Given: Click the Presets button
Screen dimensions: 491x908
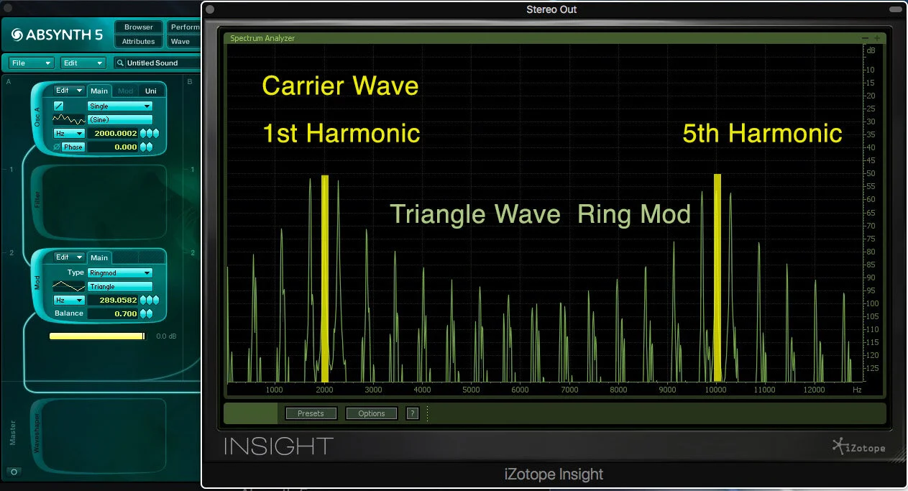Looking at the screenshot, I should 311,413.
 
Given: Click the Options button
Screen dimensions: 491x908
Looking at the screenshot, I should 371,413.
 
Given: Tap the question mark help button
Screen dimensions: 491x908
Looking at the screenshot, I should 412,413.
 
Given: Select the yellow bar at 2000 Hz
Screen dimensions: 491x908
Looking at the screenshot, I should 325,278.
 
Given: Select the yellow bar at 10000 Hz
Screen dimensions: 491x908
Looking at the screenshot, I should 717,277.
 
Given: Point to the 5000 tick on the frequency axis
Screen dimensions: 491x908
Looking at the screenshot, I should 471,390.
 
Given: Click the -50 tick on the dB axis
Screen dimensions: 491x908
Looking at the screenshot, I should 871,174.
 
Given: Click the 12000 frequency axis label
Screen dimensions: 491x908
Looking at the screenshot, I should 813,390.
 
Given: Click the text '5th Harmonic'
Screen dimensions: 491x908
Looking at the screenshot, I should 762,134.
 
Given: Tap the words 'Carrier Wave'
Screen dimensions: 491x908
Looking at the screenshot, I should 340,86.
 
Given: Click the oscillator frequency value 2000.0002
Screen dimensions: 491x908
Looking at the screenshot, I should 116,134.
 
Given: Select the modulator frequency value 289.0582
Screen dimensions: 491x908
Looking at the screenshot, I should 116,300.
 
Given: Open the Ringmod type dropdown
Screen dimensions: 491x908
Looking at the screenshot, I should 119,272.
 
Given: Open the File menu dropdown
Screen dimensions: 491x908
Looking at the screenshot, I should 31,63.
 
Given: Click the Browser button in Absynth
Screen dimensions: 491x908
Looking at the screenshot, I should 139,27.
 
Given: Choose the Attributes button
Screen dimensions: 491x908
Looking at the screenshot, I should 139,42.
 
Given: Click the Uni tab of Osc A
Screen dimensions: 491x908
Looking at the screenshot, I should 150,91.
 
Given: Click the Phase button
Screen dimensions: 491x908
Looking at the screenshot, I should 73,147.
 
